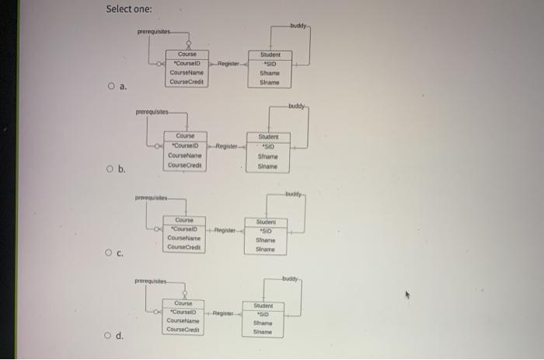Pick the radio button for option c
pos(110,253)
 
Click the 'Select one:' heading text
pos(130,9)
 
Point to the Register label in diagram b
pos(227,145)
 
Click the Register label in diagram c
pos(226,229)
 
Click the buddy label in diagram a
pos(299,25)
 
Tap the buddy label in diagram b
pos(297,106)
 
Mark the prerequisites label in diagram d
pos(148,281)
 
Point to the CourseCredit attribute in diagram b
pos(186,163)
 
